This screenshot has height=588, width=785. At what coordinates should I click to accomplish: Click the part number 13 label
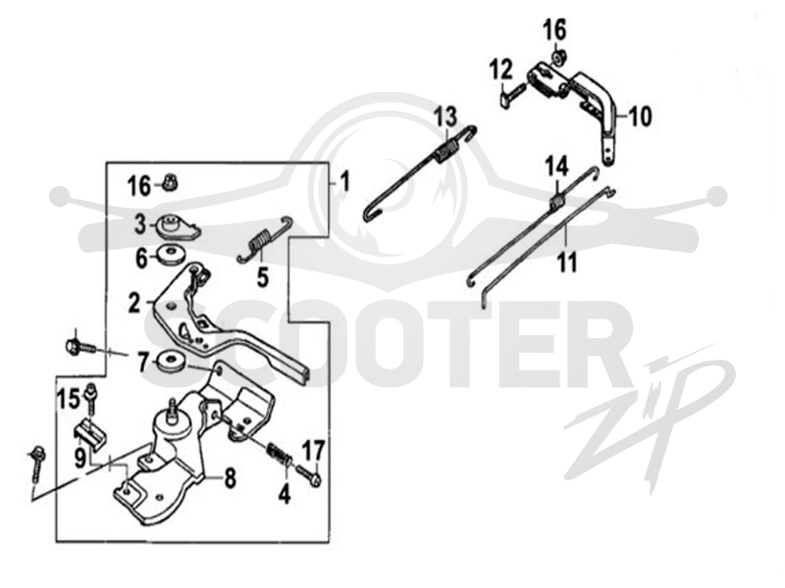tap(445, 118)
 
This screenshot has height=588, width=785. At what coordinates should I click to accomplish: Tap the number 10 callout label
tap(640, 117)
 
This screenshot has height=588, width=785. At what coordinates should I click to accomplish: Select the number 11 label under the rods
tap(567, 262)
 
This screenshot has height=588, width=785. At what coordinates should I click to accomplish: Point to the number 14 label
tap(556, 167)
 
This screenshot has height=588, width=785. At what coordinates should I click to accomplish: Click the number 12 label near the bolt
tap(501, 69)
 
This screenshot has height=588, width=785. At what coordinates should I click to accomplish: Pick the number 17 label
tap(314, 451)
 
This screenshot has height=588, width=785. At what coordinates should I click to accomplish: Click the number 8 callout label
tap(230, 478)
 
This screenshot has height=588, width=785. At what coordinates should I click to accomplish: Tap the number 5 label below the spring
tap(263, 278)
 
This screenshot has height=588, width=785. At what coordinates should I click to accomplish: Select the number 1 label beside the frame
tap(344, 182)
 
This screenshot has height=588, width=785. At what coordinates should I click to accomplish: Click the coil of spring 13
tap(446, 150)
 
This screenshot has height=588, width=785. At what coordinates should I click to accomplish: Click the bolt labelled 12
tap(514, 93)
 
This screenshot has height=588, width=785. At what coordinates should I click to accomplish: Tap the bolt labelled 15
tap(91, 399)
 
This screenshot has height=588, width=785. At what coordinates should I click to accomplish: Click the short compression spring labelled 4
tap(279, 453)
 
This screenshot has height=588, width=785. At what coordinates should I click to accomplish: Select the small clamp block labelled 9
tap(92, 432)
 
